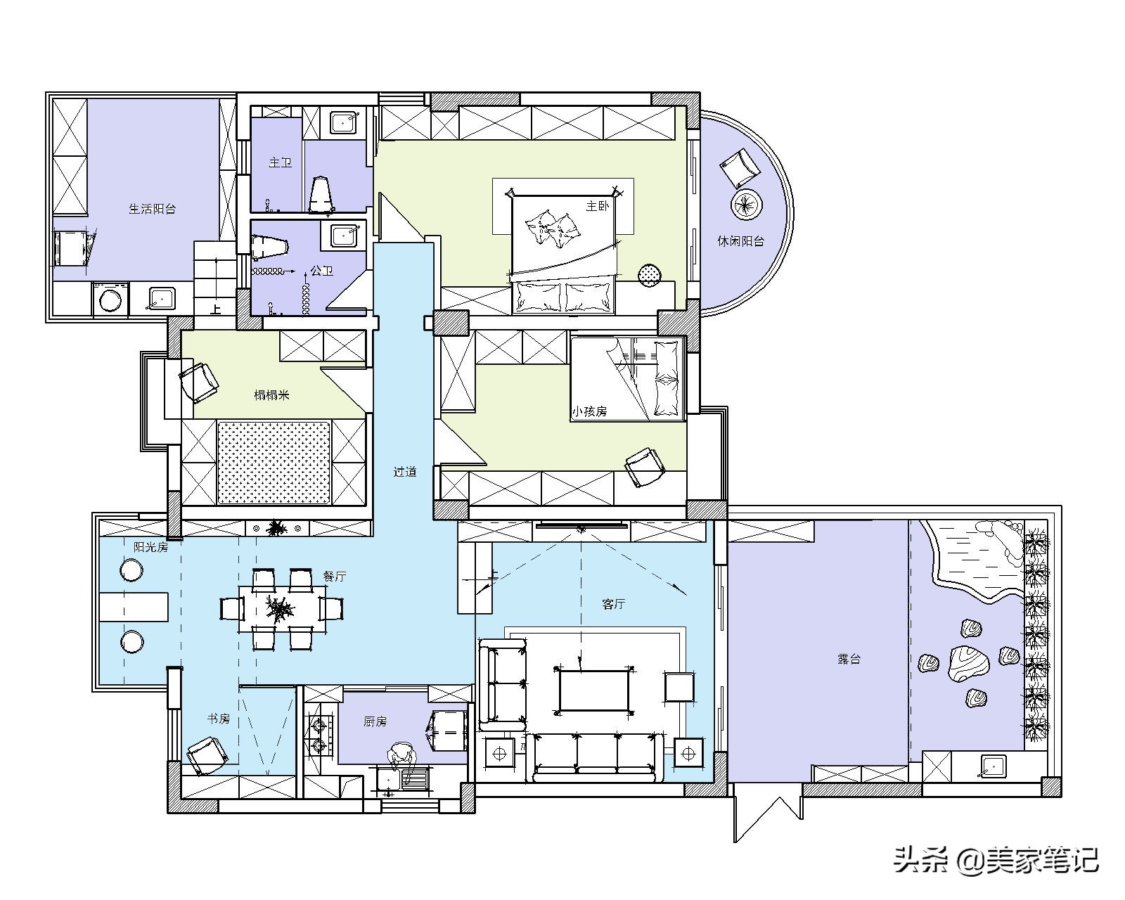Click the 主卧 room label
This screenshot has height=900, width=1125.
pyautogui.click(x=597, y=206)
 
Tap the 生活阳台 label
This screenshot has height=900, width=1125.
pyautogui.click(x=152, y=210)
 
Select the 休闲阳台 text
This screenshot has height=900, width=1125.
pyautogui.click(x=741, y=241)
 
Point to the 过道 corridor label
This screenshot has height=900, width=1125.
pyautogui.click(x=405, y=472)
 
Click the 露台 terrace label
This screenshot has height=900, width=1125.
pyautogui.click(x=849, y=659)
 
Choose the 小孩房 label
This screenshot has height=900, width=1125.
pyautogui.click(x=589, y=411)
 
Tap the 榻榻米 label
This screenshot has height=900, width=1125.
pyautogui.click(x=272, y=395)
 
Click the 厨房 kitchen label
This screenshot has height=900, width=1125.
pyautogui.click(x=375, y=721)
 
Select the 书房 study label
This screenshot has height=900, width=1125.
pyautogui.click(x=219, y=719)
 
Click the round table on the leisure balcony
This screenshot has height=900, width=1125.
pyautogui.click(x=746, y=205)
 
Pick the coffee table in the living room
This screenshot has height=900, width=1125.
pyautogui.click(x=594, y=690)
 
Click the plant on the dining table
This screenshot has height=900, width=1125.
pyautogui.click(x=281, y=609)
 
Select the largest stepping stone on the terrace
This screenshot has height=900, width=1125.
pyautogui.click(x=969, y=664)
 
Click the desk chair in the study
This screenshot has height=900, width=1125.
pyautogui.click(x=207, y=756)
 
